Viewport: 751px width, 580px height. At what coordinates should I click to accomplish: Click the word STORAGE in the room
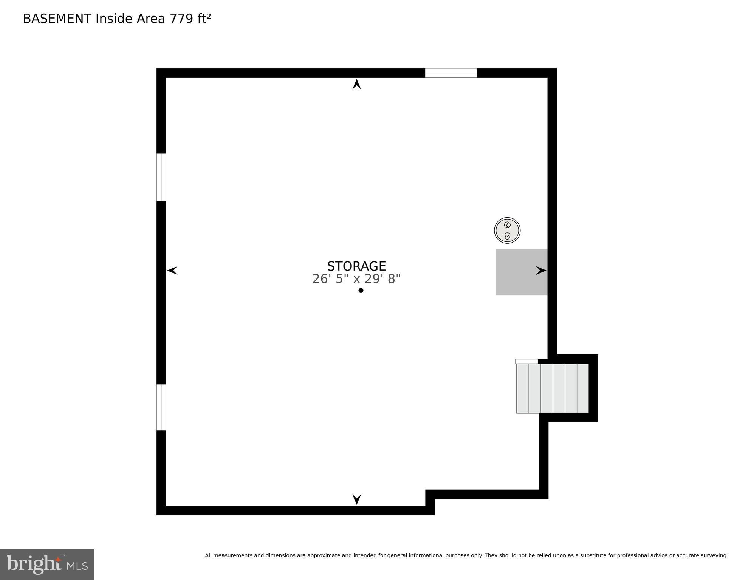coord(356,266)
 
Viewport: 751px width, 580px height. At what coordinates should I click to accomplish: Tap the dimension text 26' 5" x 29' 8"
coord(356,279)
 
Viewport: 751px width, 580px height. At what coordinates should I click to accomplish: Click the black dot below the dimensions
coord(361,290)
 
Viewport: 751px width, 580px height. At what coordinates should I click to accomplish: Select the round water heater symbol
coord(507,230)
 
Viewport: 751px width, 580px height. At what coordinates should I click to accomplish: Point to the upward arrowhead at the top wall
coord(356,84)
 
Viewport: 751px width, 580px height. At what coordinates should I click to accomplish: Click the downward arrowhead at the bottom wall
coord(356,499)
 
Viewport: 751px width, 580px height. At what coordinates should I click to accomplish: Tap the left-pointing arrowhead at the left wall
coord(172,271)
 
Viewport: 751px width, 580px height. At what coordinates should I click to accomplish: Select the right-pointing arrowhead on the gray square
coord(541,271)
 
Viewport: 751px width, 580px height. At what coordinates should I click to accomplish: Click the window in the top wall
coord(451,73)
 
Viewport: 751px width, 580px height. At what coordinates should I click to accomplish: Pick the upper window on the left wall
coord(161,177)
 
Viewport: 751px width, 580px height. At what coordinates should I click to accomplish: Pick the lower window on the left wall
coord(161,407)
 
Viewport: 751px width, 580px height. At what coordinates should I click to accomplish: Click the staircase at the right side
coord(553,388)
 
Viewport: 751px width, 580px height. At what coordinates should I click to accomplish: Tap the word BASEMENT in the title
coord(57,19)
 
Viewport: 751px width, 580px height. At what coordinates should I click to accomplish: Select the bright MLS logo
coord(47,564)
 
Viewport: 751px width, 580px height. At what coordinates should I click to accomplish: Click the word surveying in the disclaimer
coord(714,555)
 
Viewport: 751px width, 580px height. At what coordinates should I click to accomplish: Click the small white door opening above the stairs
coord(526,362)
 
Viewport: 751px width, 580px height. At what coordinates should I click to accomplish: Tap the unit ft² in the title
coord(204,19)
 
